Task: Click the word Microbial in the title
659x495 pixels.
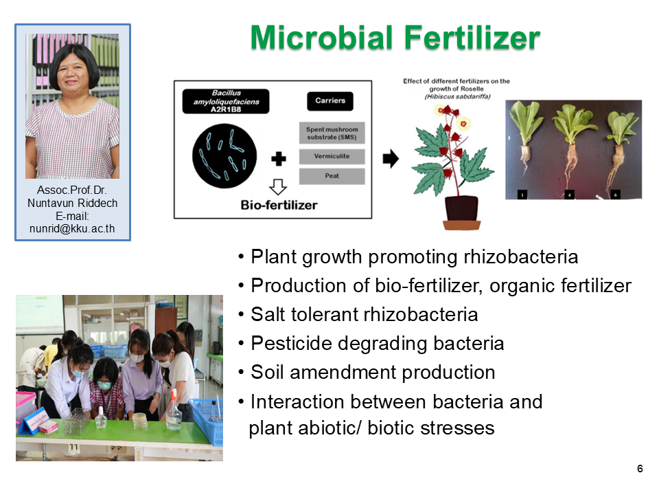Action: click(321, 38)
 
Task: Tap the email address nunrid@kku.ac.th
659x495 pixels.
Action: click(72, 228)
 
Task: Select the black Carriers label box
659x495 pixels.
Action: click(330, 101)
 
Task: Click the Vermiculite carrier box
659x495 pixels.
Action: click(332, 156)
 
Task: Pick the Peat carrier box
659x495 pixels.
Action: click(332, 176)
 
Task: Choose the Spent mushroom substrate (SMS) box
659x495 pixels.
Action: click(332, 133)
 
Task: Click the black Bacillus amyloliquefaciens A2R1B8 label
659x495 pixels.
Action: click(226, 101)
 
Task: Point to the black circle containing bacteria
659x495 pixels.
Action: click(224, 156)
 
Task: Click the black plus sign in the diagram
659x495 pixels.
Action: click(279, 159)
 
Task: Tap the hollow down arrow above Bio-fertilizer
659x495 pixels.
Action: click(278, 186)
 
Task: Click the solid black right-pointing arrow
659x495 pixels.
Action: click(391, 159)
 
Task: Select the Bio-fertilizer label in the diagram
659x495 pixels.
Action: click(279, 205)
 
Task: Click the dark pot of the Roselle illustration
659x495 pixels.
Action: click(461, 208)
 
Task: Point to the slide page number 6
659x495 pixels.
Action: click(640, 468)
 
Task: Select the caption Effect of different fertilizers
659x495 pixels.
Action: click(456, 81)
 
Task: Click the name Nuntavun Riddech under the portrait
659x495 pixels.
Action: click(72, 203)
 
